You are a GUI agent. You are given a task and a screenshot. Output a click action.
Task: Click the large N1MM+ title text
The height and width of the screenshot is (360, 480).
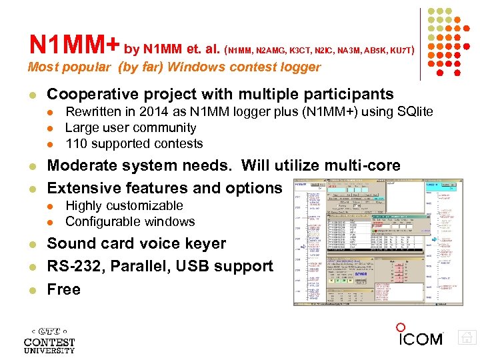coord(74,45)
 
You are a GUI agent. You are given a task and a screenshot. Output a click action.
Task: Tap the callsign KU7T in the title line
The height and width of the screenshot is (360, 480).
coord(399,49)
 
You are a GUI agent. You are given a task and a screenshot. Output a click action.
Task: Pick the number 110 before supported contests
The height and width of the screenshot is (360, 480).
coord(76,143)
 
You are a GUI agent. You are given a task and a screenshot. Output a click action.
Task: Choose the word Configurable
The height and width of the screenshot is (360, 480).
coord(99,221)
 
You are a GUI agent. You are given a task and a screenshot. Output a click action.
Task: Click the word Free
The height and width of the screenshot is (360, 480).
coord(64,289)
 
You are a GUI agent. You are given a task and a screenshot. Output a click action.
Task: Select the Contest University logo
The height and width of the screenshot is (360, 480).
coord(49,339)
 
